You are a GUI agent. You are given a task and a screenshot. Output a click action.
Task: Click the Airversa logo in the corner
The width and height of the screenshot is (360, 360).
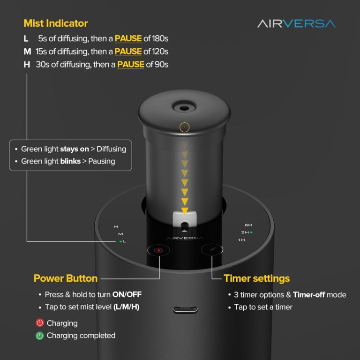point(296,23)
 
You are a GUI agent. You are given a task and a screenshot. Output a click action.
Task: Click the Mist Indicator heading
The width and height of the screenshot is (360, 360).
point(56,23)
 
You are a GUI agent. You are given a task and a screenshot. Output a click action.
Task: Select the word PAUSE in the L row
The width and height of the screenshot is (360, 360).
point(128,38)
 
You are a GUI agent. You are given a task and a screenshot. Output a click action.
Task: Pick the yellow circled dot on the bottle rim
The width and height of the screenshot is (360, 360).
point(185,127)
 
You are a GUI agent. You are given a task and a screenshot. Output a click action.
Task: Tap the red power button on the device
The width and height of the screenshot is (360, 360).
point(158,250)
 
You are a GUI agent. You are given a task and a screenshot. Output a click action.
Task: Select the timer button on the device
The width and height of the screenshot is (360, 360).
point(212,249)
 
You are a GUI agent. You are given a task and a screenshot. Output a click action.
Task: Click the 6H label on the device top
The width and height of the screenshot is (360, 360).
point(248,225)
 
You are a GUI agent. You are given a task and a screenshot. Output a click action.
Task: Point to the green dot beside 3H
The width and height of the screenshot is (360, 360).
point(251,232)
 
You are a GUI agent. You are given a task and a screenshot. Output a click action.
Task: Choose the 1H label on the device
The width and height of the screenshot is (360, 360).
point(241,240)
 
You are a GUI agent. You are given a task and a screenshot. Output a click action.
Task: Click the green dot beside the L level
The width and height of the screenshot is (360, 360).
point(120,241)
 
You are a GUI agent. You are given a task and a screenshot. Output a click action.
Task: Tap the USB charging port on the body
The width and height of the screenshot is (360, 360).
point(185,310)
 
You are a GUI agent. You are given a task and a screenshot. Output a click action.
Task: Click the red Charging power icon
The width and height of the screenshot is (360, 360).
point(40,323)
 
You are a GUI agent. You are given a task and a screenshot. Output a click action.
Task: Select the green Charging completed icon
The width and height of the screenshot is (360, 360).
point(40,336)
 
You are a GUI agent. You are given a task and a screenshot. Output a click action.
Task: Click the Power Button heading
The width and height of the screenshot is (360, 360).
point(66,278)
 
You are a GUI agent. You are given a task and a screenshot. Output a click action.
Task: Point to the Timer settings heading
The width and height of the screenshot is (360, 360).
point(257,278)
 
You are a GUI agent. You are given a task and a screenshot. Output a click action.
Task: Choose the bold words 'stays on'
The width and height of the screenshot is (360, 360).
point(75,149)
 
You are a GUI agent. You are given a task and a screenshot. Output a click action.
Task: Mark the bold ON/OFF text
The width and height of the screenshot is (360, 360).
point(127,294)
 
